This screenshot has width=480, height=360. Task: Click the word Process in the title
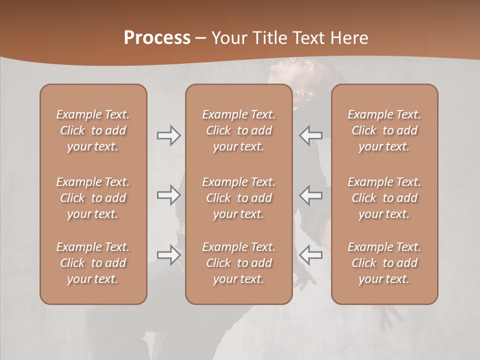(x=157, y=38)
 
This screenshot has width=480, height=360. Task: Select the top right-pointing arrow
(x=168, y=135)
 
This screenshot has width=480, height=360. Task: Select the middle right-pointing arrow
(x=168, y=194)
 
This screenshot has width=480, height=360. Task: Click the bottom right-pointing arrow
(x=168, y=254)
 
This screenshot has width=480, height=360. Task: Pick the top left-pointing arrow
(x=311, y=135)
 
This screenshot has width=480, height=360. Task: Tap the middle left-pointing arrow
(x=311, y=194)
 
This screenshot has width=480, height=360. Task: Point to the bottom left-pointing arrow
(x=311, y=254)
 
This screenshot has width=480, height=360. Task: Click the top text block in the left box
(x=93, y=130)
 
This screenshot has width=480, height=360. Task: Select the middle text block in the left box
(x=93, y=198)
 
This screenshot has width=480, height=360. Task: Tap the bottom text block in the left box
(x=93, y=263)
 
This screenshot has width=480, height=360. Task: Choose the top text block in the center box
(x=238, y=130)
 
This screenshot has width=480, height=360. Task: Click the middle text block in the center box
(x=238, y=198)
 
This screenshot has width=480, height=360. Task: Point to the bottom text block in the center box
(x=238, y=263)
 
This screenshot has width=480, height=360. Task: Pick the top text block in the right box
(x=384, y=130)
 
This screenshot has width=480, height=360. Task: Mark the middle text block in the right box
(x=384, y=198)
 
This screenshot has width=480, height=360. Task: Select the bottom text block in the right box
(x=384, y=263)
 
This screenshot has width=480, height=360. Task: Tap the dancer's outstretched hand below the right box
(x=387, y=315)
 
